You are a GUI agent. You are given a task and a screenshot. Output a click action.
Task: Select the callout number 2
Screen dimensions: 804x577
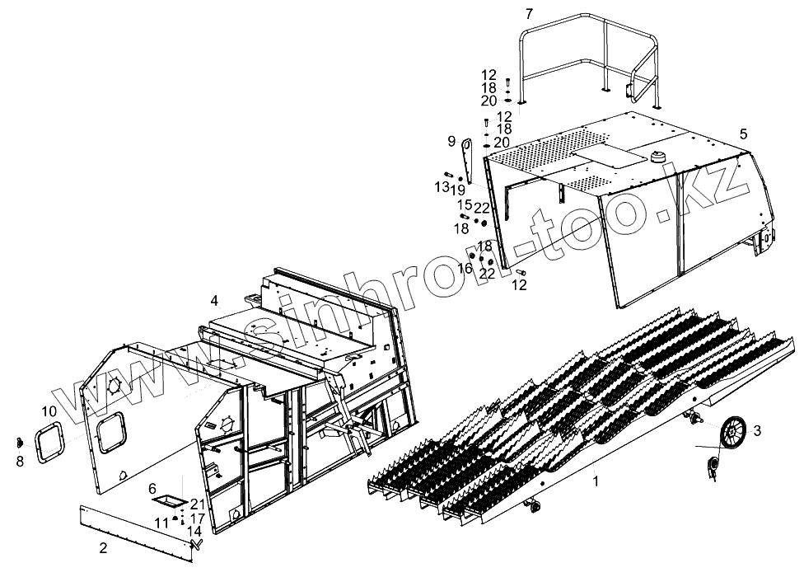point(102,547)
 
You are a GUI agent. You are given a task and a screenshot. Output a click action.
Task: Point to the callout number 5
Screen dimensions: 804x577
point(743,133)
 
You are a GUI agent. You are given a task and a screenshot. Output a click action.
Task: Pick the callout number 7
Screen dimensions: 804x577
point(530,13)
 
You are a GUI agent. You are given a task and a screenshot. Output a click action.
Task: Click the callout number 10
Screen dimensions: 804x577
point(49,410)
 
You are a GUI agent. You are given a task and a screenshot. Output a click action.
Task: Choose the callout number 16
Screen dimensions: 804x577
point(465,267)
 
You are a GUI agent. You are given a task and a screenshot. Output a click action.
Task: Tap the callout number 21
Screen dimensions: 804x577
point(196,504)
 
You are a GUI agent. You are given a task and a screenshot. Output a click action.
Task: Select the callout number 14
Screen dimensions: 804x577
point(194,532)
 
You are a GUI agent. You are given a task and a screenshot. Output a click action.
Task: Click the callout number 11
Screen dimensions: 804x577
point(162,522)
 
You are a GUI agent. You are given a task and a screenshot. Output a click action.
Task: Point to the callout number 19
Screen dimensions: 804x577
point(458,190)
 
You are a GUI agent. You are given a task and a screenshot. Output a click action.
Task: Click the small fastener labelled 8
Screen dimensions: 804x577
point(19,444)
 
